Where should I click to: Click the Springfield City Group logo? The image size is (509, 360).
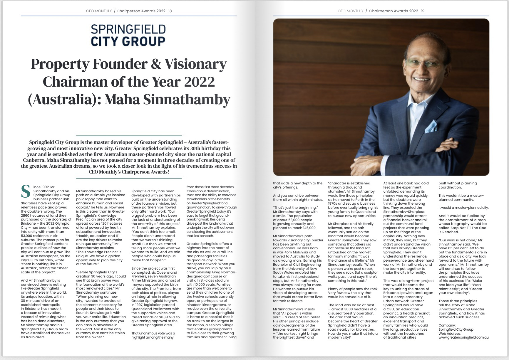[x=128, y=36]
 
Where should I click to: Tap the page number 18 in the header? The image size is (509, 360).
[x=170, y=11]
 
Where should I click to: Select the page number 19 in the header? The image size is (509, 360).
[x=423, y=11]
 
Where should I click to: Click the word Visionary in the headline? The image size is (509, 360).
[x=195, y=64]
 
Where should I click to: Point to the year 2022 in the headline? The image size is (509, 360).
[x=200, y=82]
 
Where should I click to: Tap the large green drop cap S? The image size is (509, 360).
[x=26, y=191]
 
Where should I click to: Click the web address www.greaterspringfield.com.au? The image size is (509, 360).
[x=463, y=337]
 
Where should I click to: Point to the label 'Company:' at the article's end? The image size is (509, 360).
[x=447, y=325]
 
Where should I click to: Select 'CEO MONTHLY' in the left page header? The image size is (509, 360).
[x=99, y=11]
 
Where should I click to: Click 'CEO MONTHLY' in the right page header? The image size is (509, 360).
[x=350, y=11]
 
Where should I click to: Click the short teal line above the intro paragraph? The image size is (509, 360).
[x=129, y=136]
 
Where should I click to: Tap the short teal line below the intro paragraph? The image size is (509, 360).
[x=129, y=178]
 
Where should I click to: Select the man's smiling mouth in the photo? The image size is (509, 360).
[x=421, y=80]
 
